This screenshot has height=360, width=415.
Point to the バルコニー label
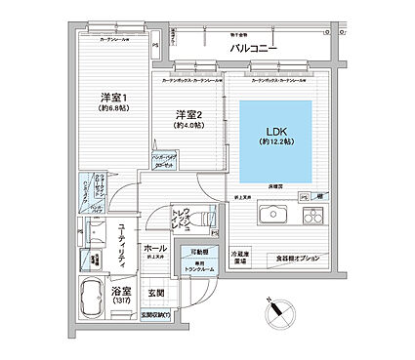pyautogui.click(x=254, y=47)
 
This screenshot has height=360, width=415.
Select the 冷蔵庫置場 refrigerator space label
pyautogui.click(x=238, y=257)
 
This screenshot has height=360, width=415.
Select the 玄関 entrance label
pyautogui.click(x=156, y=292)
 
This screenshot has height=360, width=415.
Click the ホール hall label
pyautogui.click(x=155, y=249)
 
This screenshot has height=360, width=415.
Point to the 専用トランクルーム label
pyautogui.click(x=204, y=267)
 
